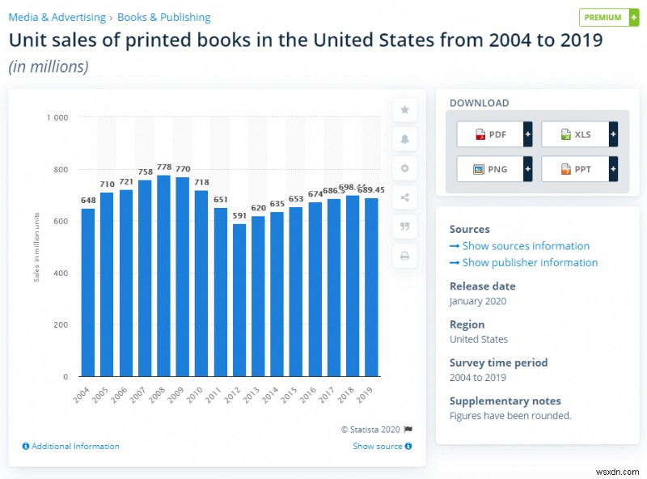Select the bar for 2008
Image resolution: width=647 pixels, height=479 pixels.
(x=163, y=275)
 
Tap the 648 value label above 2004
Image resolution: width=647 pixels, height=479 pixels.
(x=88, y=200)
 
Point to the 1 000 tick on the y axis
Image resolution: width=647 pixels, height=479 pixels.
(x=57, y=118)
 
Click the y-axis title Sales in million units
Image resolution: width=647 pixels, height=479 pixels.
(x=36, y=248)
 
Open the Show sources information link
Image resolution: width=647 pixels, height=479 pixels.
(x=525, y=246)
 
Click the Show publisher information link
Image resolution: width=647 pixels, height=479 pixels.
(x=529, y=263)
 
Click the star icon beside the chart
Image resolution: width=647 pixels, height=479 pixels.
(x=405, y=109)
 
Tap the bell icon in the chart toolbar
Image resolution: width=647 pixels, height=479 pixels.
(x=405, y=139)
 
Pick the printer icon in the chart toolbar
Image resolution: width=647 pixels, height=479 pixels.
(x=405, y=256)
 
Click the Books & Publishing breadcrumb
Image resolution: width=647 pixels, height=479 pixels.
(x=163, y=17)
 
